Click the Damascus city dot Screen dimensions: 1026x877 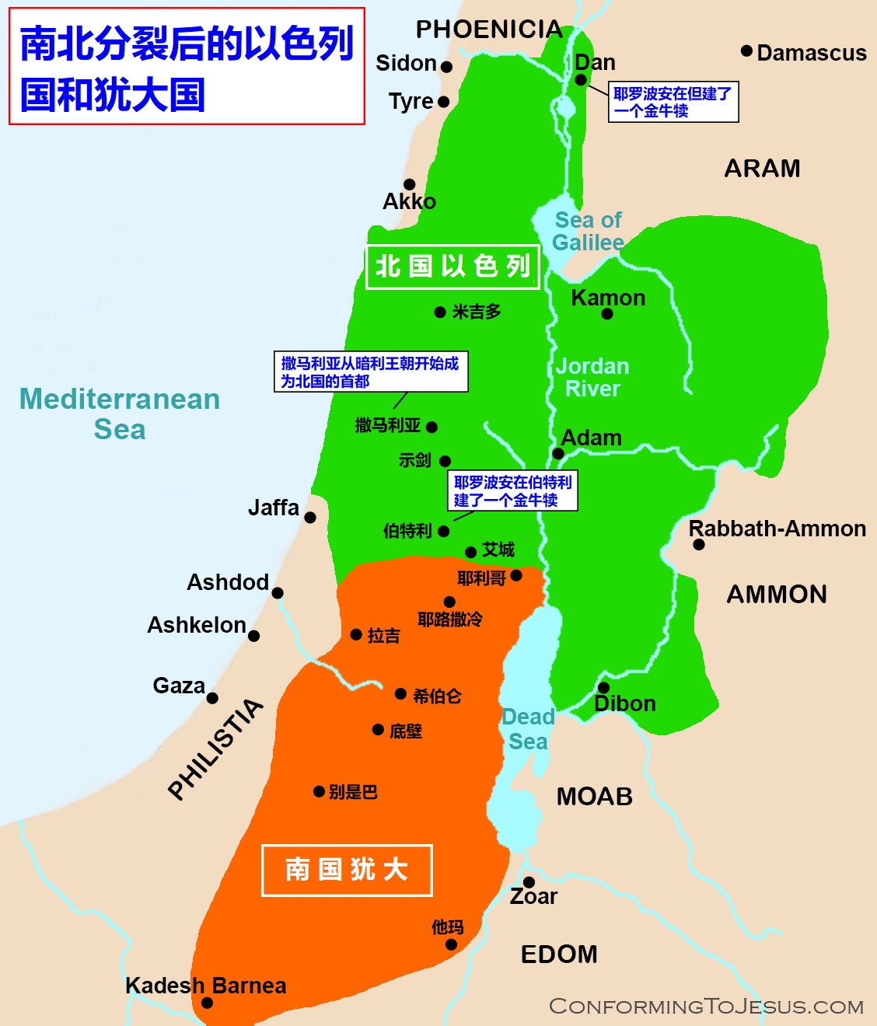(x=746, y=51)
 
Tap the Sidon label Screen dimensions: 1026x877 (x=406, y=63)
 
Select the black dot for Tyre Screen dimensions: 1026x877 (x=444, y=102)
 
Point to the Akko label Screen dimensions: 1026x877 (x=409, y=201)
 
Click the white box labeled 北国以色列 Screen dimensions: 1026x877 (x=452, y=267)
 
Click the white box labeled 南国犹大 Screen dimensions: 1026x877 (x=347, y=870)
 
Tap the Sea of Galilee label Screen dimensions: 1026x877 (x=588, y=231)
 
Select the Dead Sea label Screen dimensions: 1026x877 (x=528, y=729)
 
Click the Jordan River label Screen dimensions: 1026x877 (x=592, y=377)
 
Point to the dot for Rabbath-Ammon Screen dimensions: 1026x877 (x=699, y=545)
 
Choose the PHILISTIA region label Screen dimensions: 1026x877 (x=216, y=749)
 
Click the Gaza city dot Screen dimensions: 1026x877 (x=212, y=698)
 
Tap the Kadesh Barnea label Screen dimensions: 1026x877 (x=206, y=986)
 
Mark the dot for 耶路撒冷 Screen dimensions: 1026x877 (x=449, y=602)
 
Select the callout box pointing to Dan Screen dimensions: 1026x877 (x=673, y=102)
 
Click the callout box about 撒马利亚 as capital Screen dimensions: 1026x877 (x=370, y=372)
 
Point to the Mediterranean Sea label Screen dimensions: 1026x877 (x=120, y=414)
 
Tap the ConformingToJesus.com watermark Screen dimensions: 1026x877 (x=706, y=1007)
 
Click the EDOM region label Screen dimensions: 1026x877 (x=559, y=954)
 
